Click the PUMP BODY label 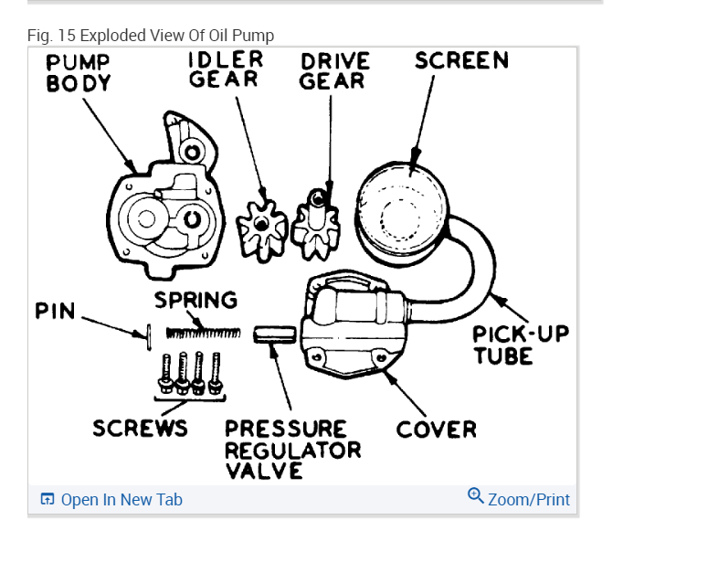click(x=79, y=72)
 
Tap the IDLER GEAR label click(x=226, y=69)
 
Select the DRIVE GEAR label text click(x=335, y=70)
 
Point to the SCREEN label click(x=461, y=61)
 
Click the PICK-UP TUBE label click(x=521, y=345)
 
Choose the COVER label click(x=437, y=429)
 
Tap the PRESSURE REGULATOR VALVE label click(x=292, y=450)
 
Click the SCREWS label click(x=140, y=428)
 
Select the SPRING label click(x=195, y=301)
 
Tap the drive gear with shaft click(x=316, y=225)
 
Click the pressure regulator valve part click(x=273, y=334)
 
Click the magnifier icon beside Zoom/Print click(x=475, y=496)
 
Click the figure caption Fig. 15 click(x=151, y=36)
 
